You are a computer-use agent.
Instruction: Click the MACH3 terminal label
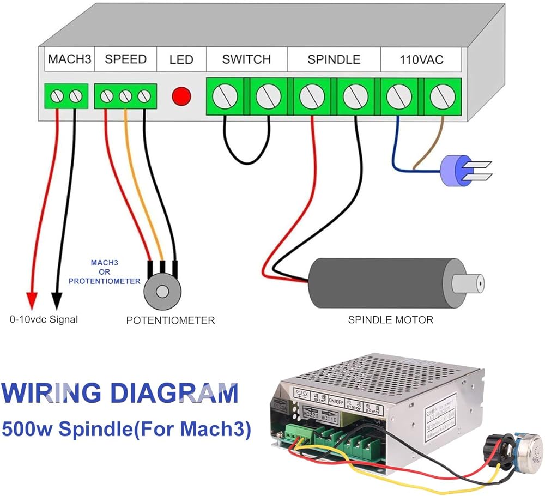(x=69, y=59)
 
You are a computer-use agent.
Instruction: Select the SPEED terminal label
(x=125, y=59)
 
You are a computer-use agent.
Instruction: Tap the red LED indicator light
(x=181, y=96)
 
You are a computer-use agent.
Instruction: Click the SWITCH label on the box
(x=246, y=59)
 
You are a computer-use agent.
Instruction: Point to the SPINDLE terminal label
(x=334, y=59)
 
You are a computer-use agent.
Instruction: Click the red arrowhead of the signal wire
(x=32, y=300)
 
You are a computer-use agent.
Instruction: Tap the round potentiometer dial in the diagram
(x=162, y=291)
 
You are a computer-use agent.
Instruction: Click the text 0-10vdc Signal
(x=44, y=320)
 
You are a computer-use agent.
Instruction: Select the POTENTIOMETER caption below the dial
(x=171, y=320)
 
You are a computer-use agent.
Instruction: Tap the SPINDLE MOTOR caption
(x=391, y=320)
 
